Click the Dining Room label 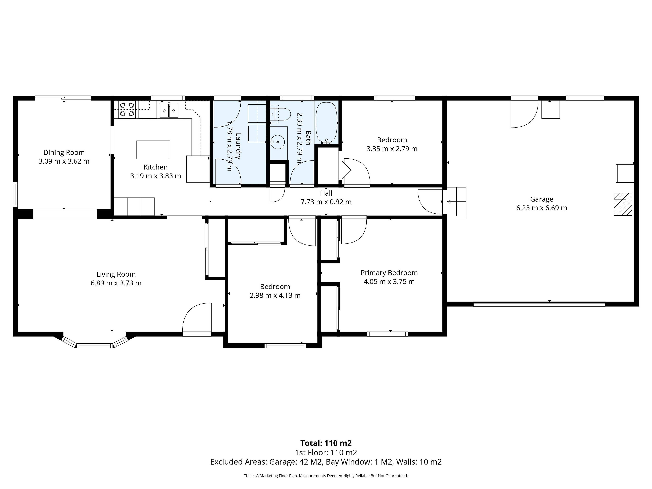tap(64, 152)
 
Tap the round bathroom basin tap(278, 142)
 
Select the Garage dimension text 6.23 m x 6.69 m tap(541, 208)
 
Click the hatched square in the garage tap(623, 204)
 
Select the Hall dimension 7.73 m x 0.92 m tap(326, 202)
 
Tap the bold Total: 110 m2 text tap(326, 443)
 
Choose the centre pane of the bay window tap(95, 346)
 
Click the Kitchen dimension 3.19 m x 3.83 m tap(156, 176)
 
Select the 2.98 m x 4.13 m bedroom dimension tap(275, 295)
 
